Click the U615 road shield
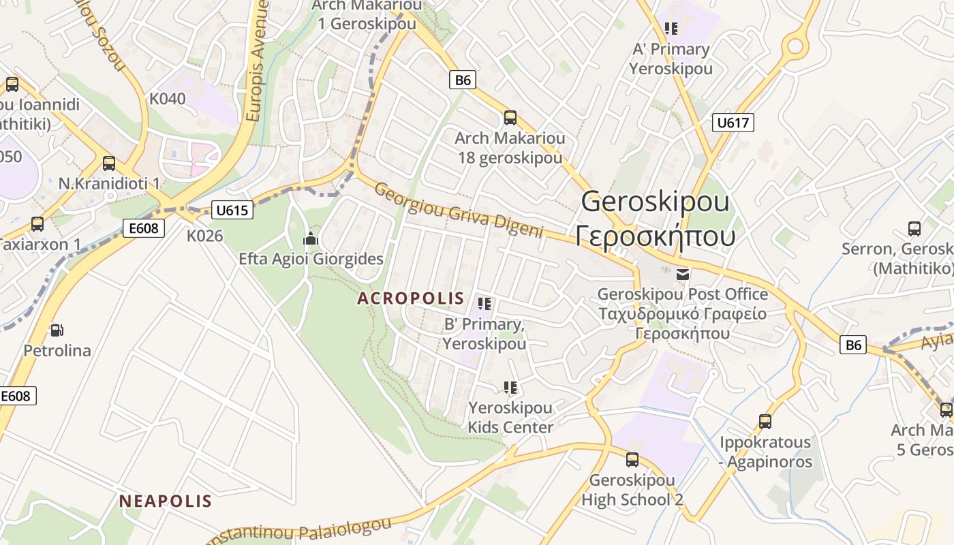[x=232, y=210]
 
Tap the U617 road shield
[x=733, y=123]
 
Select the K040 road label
[x=167, y=99]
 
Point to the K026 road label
[x=205, y=236]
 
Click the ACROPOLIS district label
[x=410, y=298]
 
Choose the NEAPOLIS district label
[x=166, y=501]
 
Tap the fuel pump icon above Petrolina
[x=57, y=330]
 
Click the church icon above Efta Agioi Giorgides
[x=311, y=239]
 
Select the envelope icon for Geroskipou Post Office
[x=682, y=275]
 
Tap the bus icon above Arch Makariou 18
[x=510, y=118]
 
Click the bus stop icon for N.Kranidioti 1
[x=108, y=163]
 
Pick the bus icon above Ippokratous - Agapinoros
[x=765, y=422]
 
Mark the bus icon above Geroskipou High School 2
[x=632, y=459]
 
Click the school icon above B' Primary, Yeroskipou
[x=484, y=304]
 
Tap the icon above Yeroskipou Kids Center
[x=510, y=388]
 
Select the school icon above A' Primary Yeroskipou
[x=671, y=29]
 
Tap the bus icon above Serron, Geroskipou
[x=914, y=229]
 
